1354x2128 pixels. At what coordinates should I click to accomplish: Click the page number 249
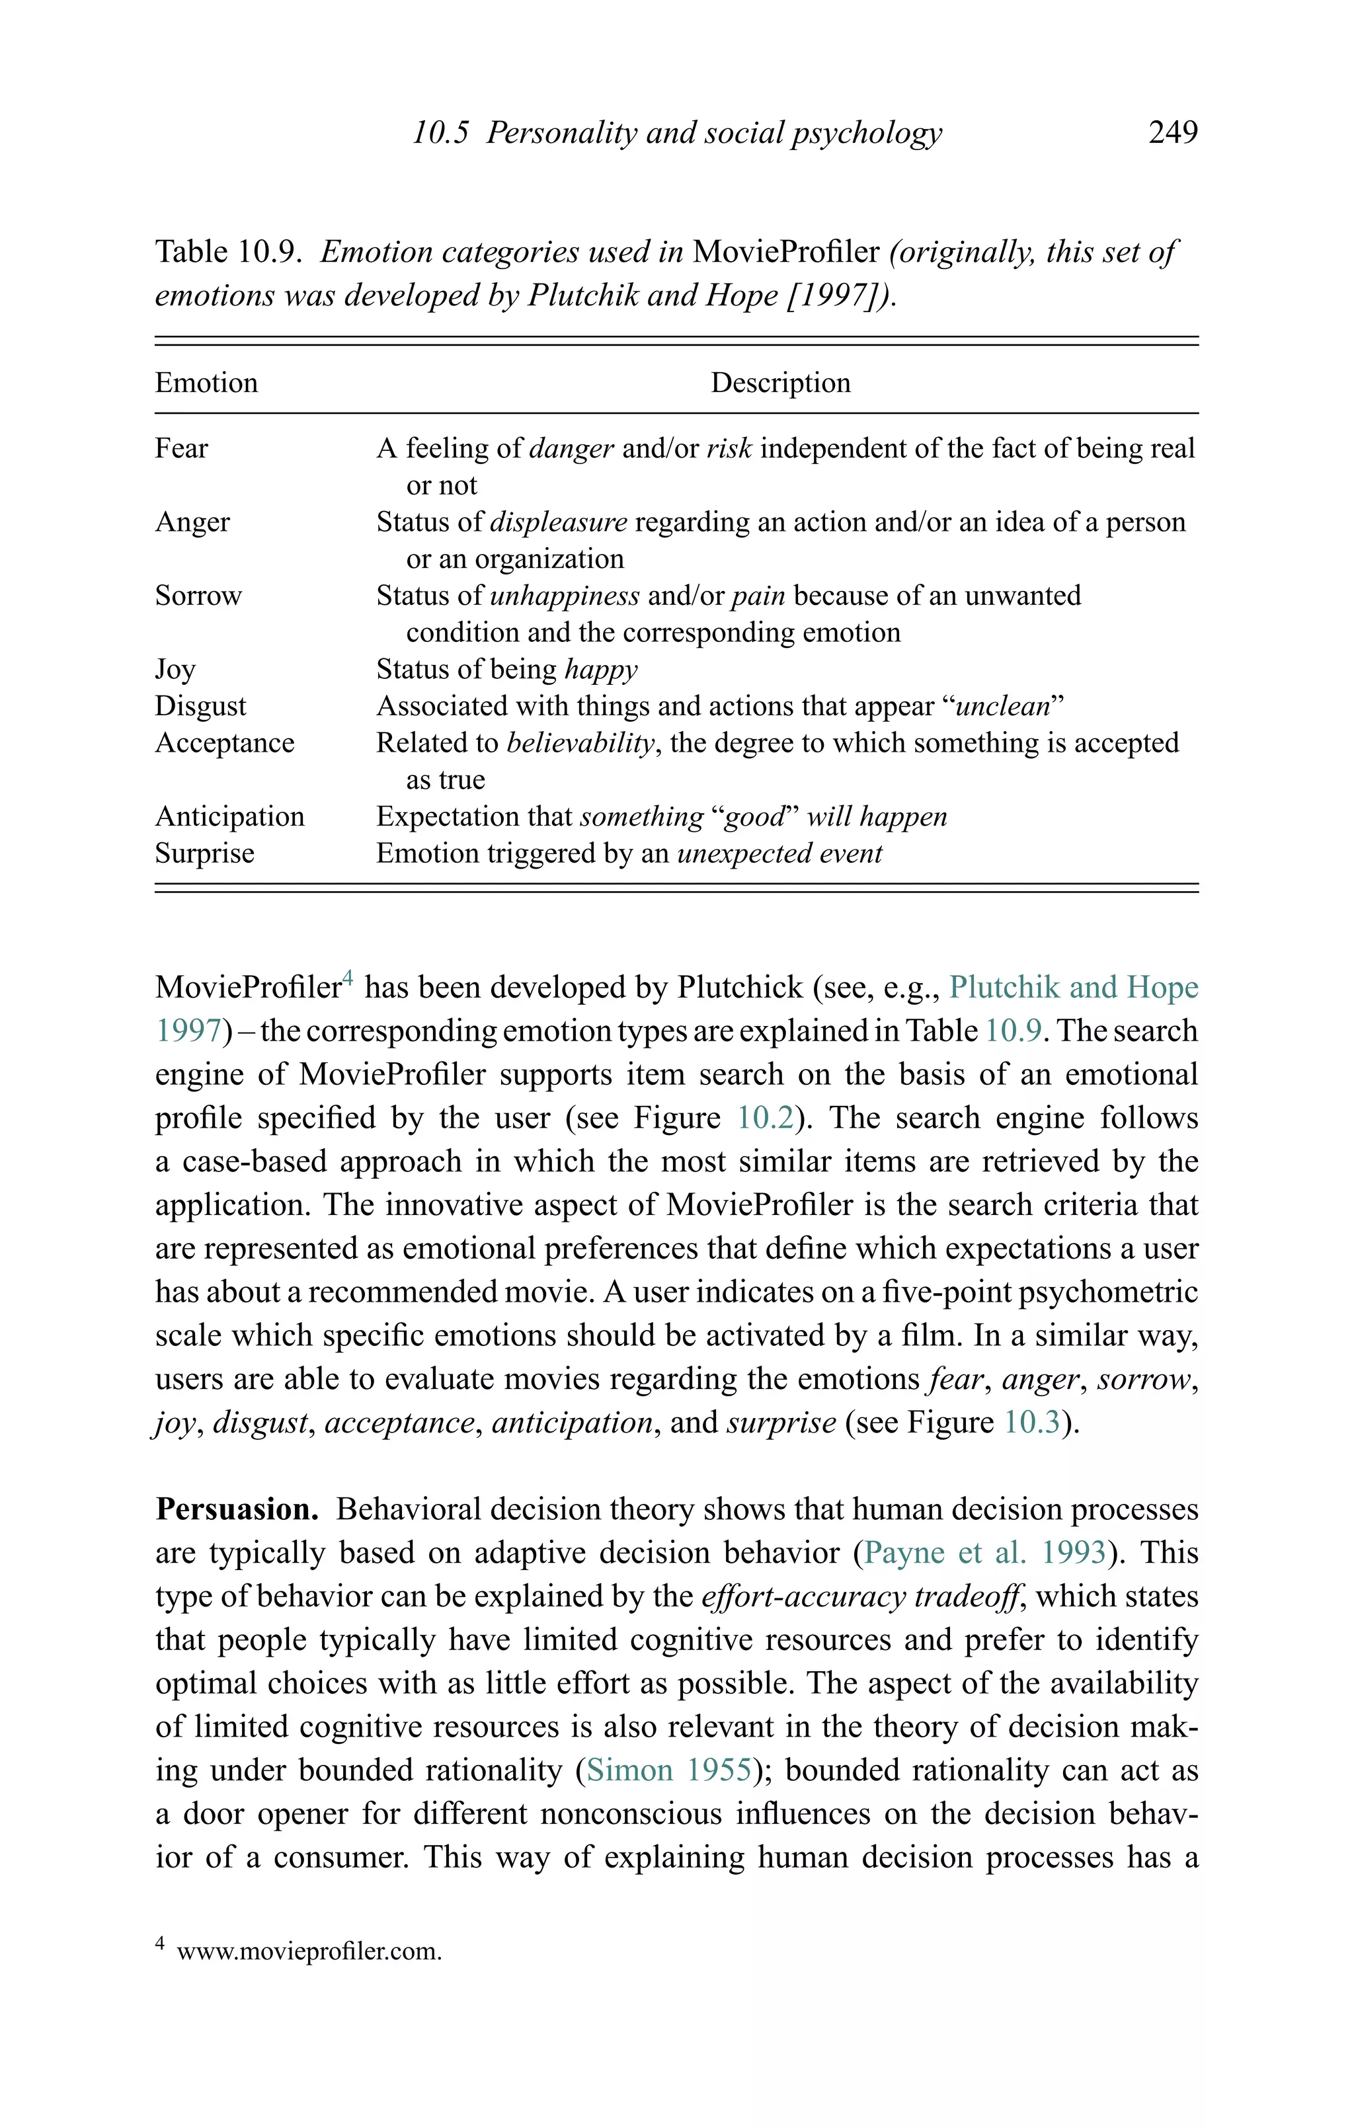(1172, 133)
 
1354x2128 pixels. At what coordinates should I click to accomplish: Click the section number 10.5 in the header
(440, 133)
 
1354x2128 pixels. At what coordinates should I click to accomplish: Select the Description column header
(779, 383)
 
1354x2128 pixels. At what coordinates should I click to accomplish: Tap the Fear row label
(181, 448)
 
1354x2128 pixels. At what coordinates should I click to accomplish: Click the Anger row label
(192, 522)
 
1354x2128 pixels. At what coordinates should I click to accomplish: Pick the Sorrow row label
(198, 596)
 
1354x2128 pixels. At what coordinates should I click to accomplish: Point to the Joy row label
(175, 669)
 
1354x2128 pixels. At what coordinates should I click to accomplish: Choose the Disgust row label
(200, 706)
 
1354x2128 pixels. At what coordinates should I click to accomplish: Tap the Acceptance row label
(225, 743)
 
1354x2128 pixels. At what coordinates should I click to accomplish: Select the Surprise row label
(204, 853)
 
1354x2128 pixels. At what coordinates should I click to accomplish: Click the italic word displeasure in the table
(558, 522)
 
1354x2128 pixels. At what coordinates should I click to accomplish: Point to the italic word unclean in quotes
(1002, 706)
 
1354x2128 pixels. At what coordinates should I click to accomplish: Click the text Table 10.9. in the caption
(229, 252)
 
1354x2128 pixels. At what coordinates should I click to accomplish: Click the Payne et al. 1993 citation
(984, 1553)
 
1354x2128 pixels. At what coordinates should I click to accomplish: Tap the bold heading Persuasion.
(237, 1509)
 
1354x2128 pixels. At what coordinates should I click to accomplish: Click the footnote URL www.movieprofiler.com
(309, 1951)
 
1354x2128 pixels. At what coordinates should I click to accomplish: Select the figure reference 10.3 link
(1031, 1423)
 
